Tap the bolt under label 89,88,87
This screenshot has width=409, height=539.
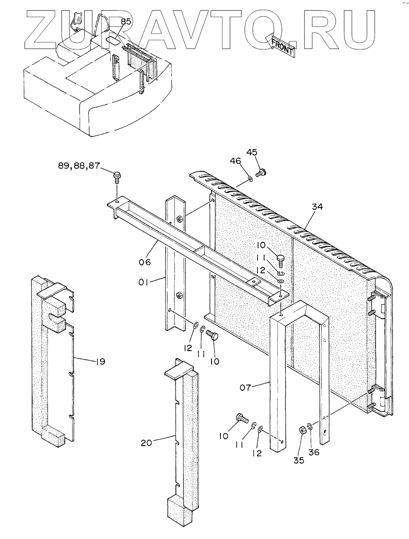point(117,177)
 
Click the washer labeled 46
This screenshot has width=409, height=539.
point(250,178)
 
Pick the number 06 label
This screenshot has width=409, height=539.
point(145,262)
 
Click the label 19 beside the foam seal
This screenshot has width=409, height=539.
point(100,362)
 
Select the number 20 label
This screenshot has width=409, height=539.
point(146,442)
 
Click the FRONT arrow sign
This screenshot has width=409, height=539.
point(281,45)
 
